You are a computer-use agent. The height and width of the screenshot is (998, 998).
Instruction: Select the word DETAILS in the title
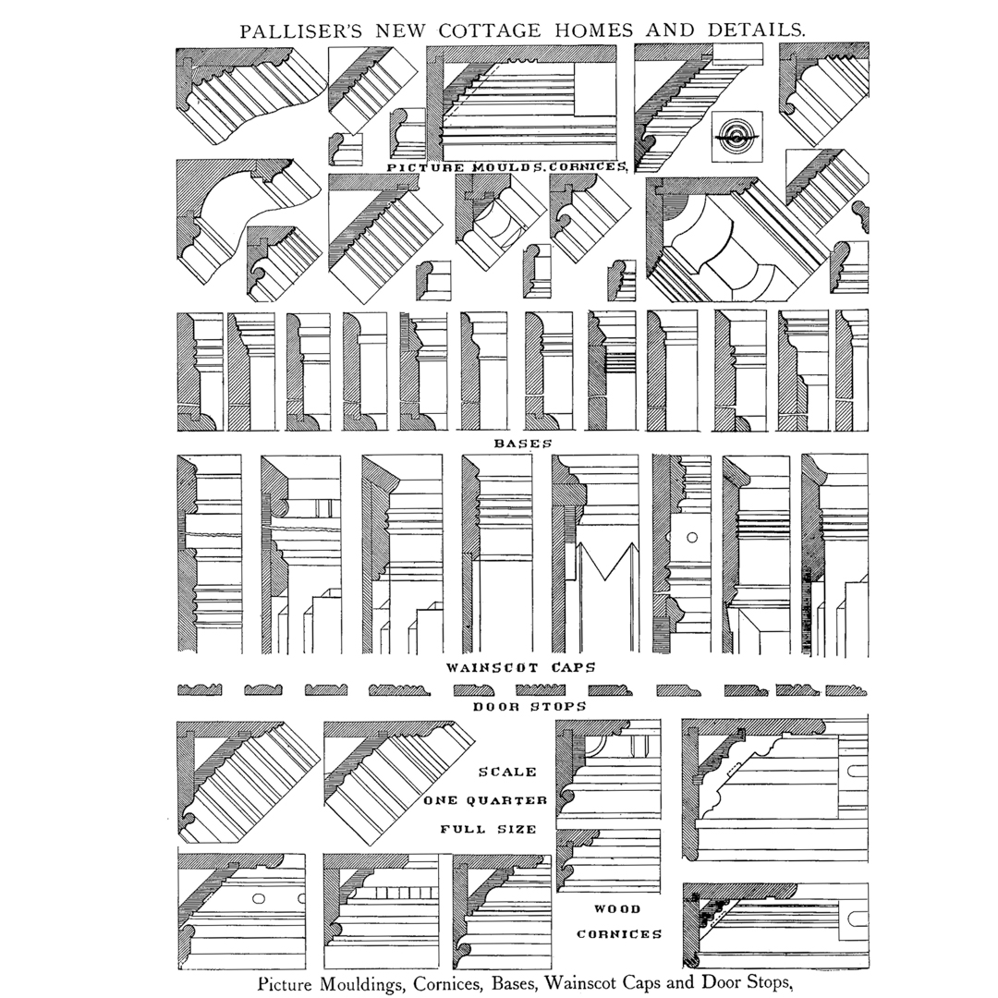(756, 30)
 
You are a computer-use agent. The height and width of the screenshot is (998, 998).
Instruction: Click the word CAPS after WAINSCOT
(573, 668)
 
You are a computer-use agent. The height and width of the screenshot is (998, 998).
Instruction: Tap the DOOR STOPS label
(529, 706)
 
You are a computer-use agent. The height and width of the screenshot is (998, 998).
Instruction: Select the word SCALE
(507, 772)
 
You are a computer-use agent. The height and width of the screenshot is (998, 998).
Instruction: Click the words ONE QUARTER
(486, 800)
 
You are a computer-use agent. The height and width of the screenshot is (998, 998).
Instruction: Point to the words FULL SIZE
(488, 829)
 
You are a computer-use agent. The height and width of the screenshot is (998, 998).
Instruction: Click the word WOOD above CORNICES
(617, 909)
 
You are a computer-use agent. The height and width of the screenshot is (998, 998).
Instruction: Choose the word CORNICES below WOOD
(619, 934)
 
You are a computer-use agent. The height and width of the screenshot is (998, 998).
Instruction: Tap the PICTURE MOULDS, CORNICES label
(507, 167)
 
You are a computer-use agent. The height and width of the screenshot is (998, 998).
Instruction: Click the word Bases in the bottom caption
(515, 982)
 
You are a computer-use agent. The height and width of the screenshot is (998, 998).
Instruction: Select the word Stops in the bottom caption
(769, 982)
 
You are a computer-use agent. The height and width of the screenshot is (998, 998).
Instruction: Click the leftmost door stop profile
(200, 690)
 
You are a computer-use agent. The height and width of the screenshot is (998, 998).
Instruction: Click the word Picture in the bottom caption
(286, 983)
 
